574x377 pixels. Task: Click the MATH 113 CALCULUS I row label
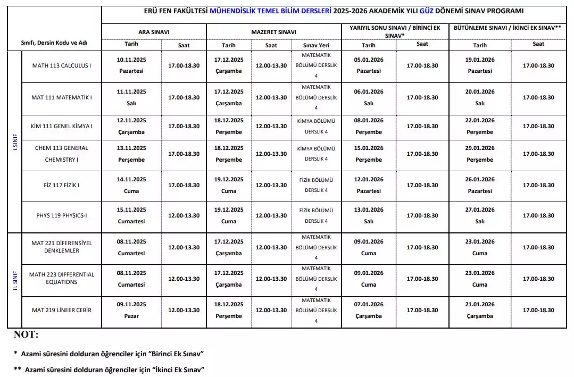click(x=62, y=65)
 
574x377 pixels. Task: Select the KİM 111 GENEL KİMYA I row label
click(x=62, y=126)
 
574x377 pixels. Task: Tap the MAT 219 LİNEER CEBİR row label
click(x=62, y=310)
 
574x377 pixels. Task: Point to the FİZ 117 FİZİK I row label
click(x=62, y=185)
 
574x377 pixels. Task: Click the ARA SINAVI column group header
click(x=154, y=32)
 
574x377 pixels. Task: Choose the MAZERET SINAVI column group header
click(x=273, y=32)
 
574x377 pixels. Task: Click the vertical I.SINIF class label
click(x=15, y=142)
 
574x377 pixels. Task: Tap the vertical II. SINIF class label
click(x=15, y=280)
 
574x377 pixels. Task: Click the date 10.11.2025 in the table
click(x=131, y=60)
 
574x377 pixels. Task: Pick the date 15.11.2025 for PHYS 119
click(x=131, y=210)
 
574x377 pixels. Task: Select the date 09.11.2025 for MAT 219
click(x=131, y=304)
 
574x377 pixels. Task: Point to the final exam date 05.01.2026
click(x=369, y=60)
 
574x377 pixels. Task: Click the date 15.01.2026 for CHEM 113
click(x=369, y=148)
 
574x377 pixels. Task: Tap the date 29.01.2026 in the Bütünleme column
click(x=480, y=148)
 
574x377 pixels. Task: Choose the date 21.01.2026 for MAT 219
click(x=480, y=304)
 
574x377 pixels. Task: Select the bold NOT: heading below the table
click(x=26, y=334)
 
